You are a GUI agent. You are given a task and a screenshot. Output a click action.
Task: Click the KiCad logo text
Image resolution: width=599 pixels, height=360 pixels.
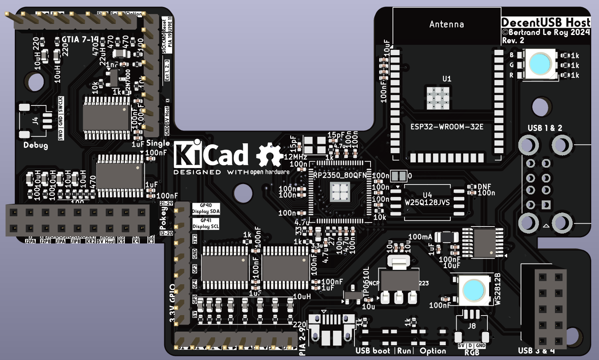(x=211, y=155)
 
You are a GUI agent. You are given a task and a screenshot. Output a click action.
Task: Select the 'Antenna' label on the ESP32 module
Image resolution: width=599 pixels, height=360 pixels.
(x=447, y=24)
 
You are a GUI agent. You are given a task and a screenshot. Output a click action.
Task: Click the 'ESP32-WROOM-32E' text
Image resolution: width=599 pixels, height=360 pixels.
(x=447, y=127)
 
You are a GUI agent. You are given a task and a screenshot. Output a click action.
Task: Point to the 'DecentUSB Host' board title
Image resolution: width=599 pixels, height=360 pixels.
(x=546, y=22)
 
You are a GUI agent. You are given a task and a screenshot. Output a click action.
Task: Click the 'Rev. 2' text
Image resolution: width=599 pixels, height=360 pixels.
(x=513, y=40)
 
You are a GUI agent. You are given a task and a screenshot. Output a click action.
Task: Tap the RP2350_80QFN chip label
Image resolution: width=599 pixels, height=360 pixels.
(x=340, y=175)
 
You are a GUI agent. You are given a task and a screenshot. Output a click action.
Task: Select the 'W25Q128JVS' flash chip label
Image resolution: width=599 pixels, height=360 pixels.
(x=427, y=202)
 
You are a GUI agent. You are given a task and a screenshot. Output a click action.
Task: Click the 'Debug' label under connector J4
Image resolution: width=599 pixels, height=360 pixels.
(x=35, y=145)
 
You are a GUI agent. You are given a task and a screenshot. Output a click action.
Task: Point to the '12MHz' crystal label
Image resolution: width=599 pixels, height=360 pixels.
(x=296, y=157)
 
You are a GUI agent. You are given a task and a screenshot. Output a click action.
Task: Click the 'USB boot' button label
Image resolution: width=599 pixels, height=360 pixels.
(x=373, y=351)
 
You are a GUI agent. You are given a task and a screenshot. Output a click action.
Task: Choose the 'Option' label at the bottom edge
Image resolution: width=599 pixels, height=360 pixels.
(x=433, y=351)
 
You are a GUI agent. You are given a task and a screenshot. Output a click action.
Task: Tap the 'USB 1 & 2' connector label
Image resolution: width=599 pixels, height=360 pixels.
(x=545, y=128)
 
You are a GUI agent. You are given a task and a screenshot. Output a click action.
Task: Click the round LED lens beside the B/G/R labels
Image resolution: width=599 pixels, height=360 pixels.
(x=540, y=64)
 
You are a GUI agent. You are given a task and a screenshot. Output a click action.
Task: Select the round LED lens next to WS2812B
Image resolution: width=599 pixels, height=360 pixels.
(x=473, y=290)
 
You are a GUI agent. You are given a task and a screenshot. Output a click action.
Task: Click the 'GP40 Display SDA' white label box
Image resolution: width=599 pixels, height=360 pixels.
(x=206, y=208)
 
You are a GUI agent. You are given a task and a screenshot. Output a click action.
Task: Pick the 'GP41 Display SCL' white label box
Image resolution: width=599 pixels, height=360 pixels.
(x=206, y=224)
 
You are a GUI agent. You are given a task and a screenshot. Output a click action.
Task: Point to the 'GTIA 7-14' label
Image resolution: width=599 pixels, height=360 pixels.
(x=80, y=40)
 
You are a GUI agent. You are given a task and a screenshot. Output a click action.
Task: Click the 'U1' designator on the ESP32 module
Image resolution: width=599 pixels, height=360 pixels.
(x=447, y=79)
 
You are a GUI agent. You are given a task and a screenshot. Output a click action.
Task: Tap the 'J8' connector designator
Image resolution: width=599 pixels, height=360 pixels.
(x=472, y=326)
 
